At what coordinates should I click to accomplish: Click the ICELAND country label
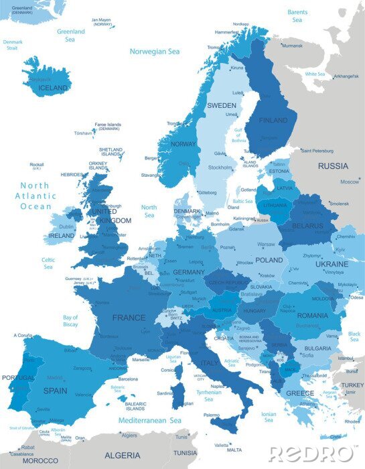tap(53, 88)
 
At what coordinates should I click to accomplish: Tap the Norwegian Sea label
tap(155, 51)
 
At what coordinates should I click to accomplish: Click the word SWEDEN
tap(221, 106)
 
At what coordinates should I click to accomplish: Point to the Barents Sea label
tap(297, 16)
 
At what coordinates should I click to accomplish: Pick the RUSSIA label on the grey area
tap(333, 165)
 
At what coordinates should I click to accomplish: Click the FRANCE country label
tap(129, 318)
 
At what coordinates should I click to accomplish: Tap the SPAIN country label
tap(56, 389)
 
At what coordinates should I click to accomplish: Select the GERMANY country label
tap(189, 273)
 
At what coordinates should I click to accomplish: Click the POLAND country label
tap(269, 260)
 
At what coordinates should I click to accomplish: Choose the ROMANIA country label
tap(313, 315)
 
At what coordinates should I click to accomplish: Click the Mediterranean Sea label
tap(150, 420)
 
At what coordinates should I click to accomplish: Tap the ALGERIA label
tap(122, 455)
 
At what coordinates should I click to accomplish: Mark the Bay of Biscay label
tap(70, 321)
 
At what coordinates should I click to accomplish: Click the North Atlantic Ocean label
tap(35, 196)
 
